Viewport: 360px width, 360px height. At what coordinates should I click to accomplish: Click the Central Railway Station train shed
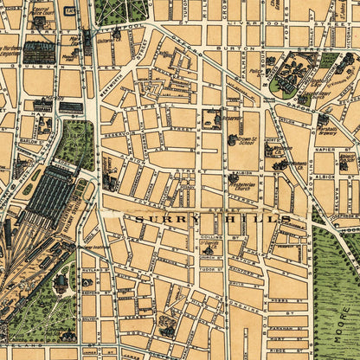(48, 195)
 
